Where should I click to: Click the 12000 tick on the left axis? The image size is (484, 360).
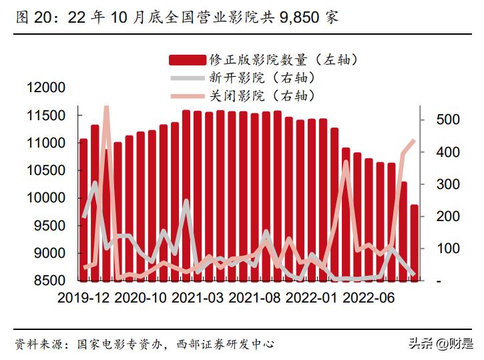pyautogui.click(x=47, y=88)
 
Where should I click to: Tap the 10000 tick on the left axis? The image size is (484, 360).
pyautogui.click(x=47, y=198)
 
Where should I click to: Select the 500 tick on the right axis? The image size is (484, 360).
pyautogui.click(x=440, y=120)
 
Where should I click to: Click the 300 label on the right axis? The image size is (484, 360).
pyautogui.click(x=440, y=184)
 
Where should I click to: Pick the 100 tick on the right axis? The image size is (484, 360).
pyautogui.click(x=440, y=248)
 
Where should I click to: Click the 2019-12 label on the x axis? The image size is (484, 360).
pyautogui.click(x=83, y=297)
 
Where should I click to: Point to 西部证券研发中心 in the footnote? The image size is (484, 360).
pyautogui.click(x=226, y=345)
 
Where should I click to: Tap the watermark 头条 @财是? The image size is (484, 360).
pyautogui.click(x=441, y=345)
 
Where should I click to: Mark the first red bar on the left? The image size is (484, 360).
pyautogui.click(x=83, y=210)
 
